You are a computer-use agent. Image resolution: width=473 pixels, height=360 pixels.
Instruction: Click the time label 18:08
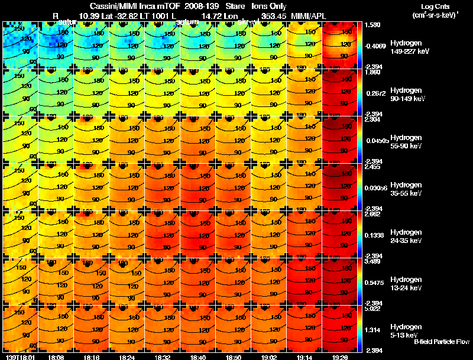[x=56, y=357]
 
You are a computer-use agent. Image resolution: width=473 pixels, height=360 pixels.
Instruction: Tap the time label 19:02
[x=269, y=357]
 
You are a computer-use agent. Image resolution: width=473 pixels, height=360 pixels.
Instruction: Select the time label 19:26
[x=340, y=357]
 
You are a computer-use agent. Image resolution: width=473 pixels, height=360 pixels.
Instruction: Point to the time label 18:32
[x=163, y=357]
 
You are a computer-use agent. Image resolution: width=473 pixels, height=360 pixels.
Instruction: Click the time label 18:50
[x=234, y=357]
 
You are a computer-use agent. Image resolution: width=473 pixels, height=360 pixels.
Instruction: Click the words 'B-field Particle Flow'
[x=441, y=342]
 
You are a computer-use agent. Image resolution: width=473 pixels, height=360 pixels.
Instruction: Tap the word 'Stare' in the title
[x=244, y=5]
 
